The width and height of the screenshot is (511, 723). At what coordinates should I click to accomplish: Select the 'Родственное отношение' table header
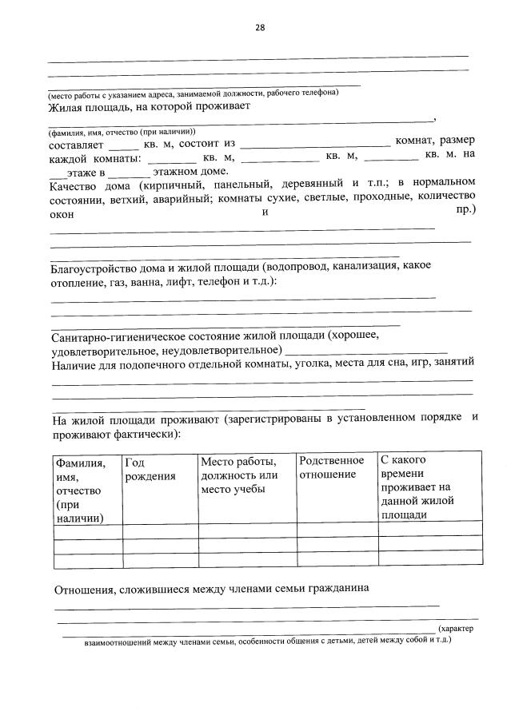(331, 467)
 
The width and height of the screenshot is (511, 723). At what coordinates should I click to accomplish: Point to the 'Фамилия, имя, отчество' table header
(79, 490)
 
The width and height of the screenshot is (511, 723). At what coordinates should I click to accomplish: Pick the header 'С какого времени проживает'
(417, 487)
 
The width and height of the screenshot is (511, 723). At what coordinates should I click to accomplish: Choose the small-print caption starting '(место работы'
(193, 93)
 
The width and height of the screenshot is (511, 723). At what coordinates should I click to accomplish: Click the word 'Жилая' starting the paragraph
(65, 105)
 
